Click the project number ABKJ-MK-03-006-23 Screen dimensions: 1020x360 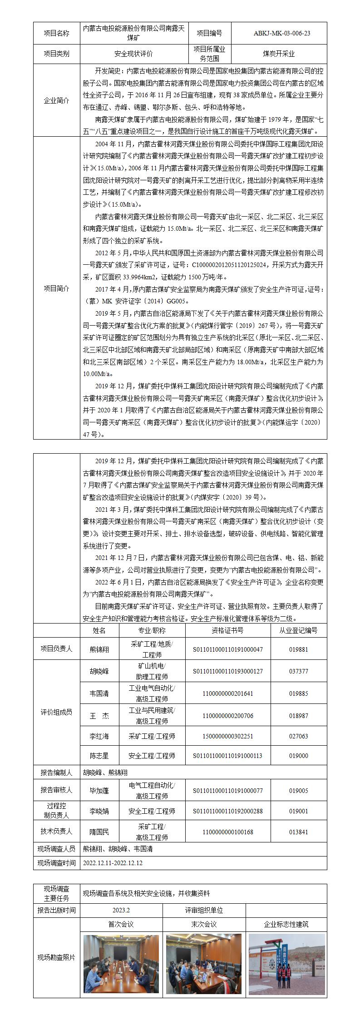[279, 33]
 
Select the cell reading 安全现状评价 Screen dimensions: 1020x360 [134, 54]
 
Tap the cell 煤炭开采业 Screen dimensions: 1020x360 [279, 54]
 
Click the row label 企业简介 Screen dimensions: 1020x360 [56, 100]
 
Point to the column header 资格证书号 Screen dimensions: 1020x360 [227, 630]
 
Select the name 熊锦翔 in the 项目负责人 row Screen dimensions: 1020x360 [99, 649]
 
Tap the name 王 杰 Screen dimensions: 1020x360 [99, 716]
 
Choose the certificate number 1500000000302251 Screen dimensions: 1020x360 [227, 736]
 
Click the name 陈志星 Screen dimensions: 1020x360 [99, 756]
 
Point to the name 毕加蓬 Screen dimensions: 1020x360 [99, 790]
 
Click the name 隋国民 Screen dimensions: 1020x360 [99, 832]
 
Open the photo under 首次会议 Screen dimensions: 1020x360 [121, 957]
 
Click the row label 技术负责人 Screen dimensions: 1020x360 [56, 832]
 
